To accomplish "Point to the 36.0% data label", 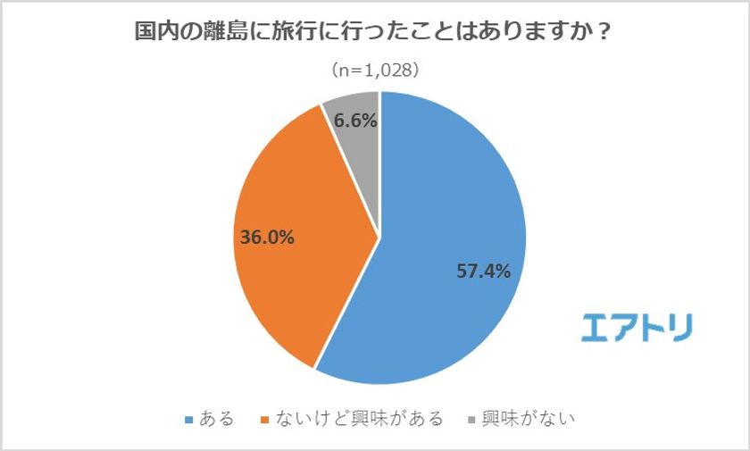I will click(268, 238).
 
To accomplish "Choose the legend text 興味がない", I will click(528, 419).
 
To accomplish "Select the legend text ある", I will click(217, 419).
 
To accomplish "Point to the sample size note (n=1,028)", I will click(375, 70).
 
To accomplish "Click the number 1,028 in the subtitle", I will click(386, 70).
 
